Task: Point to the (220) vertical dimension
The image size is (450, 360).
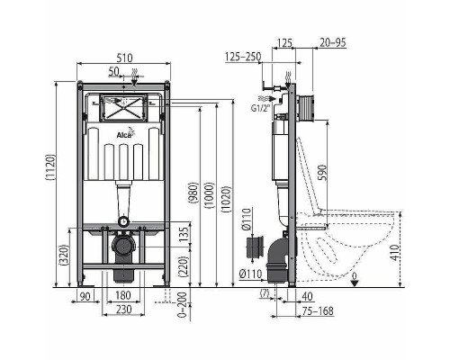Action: click(183, 265)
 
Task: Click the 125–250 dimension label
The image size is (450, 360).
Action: click(242, 56)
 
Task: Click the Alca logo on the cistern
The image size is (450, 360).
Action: click(125, 135)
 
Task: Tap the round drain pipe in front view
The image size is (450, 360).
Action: click(124, 244)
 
